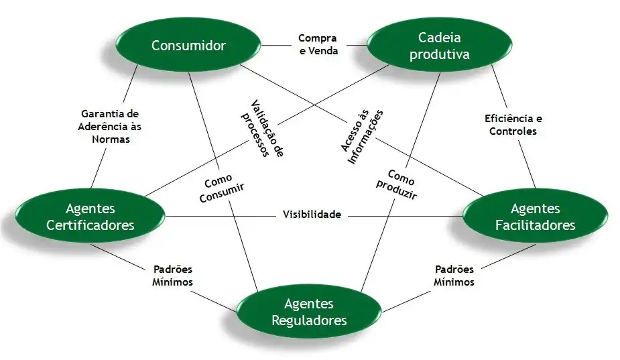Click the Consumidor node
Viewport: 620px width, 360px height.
point(188,46)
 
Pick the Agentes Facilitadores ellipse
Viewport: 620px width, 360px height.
point(535,217)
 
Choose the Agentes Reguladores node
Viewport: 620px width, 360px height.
point(309,312)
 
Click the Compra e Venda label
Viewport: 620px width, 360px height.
point(318,44)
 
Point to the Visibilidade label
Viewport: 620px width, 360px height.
point(312,215)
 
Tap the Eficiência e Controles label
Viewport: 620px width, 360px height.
point(513,125)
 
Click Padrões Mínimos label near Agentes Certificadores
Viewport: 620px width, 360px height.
point(172,276)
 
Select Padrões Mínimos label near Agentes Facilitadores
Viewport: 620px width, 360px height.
point(454,276)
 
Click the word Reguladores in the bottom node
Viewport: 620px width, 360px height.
point(309,320)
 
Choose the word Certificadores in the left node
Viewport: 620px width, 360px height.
point(90,225)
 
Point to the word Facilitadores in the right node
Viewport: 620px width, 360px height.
point(535,225)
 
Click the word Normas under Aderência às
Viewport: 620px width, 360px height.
point(110,139)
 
